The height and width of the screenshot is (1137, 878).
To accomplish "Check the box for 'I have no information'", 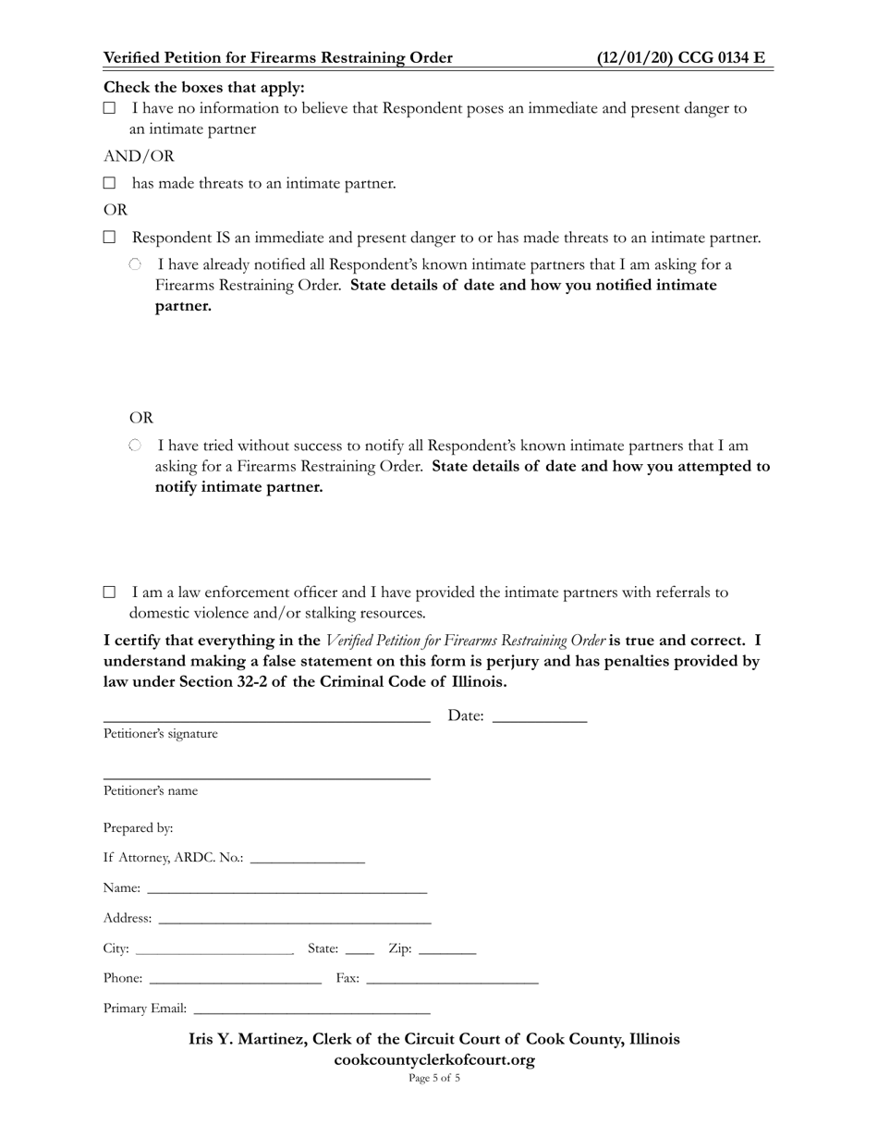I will [x=109, y=108].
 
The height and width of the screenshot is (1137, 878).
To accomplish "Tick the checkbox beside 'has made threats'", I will [x=109, y=183].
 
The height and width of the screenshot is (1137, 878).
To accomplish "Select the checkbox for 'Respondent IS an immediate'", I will [x=109, y=238].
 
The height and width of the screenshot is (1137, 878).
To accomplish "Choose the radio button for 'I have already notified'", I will [x=135, y=264].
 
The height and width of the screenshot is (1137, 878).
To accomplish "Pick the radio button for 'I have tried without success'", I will [x=135, y=446].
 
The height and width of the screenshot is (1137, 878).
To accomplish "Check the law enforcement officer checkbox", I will [x=109, y=592].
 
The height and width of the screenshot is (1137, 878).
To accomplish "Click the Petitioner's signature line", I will [x=266, y=714].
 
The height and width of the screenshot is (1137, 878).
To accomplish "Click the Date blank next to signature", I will [x=540, y=714].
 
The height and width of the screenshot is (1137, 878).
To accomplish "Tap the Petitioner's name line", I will [x=266, y=774].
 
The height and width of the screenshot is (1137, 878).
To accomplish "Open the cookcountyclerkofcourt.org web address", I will [x=434, y=1060].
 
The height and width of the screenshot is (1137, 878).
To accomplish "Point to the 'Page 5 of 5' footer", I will [x=434, y=1078].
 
